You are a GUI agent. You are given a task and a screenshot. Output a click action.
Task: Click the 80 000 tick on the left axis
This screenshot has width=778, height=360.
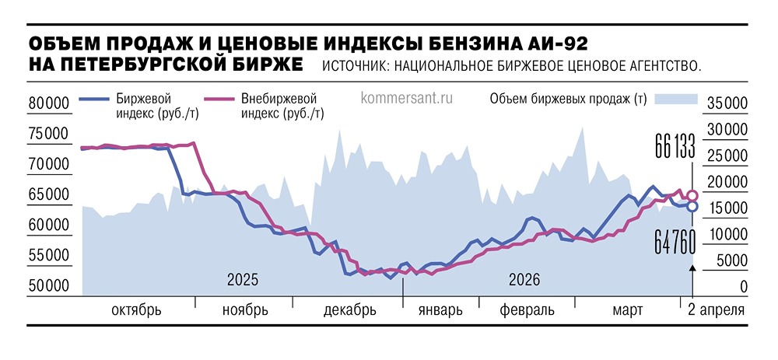pyautogui.click(x=48, y=103)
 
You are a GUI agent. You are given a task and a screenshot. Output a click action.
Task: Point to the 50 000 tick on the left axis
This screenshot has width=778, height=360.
pyautogui.click(x=48, y=287)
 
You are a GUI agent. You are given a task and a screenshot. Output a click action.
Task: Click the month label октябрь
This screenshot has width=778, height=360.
pyautogui.click(x=137, y=310)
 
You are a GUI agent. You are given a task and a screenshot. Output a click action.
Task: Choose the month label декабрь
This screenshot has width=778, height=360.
pyautogui.click(x=349, y=310)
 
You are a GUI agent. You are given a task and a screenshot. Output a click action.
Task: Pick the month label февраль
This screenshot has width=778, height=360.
pyautogui.click(x=527, y=310)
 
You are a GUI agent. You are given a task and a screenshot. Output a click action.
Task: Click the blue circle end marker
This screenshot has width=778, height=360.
pyautogui.click(x=692, y=206)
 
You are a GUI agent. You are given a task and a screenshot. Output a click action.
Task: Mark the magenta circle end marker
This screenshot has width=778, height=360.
pyautogui.click(x=692, y=195)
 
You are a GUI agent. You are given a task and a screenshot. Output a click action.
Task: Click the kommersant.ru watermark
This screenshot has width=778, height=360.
pyautogui.click(x=407, y=99)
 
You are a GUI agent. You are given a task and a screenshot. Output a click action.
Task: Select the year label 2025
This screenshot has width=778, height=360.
pyautogui.click(x=242, y=278)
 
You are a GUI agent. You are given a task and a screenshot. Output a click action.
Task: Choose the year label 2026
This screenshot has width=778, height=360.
pyautogui.click(x=524, y=278)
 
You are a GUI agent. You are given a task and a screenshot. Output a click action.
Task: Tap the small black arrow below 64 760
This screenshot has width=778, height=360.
pyautogui.click(x=692, y=267)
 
